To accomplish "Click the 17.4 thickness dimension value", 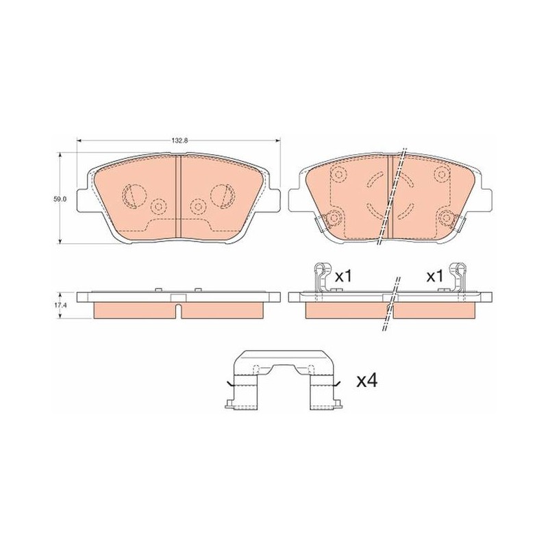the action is [x=60, y=305].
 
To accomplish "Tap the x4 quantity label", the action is [x=366, y=381].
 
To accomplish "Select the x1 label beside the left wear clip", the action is [x=343, y=277].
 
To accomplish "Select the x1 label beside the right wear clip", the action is [x=434, y=277].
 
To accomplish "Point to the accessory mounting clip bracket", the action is [x=283, y=380].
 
